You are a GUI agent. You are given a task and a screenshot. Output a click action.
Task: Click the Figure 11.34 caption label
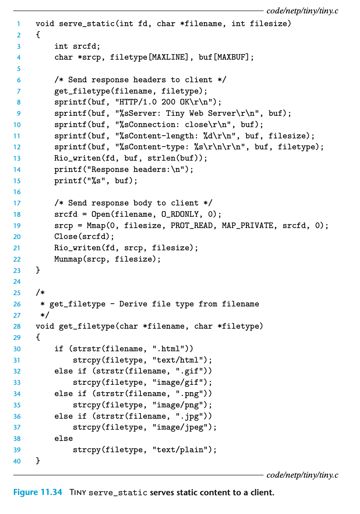coord(37,492)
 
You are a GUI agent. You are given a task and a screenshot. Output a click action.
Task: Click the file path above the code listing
coord(302,11)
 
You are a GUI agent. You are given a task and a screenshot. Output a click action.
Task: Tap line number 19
coord(17,226)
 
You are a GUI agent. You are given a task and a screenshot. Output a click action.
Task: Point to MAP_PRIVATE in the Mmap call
coord(247,226)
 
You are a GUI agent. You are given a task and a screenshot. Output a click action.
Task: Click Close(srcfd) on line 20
coord(84,237)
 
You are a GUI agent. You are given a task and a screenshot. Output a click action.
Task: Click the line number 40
coord(17,461)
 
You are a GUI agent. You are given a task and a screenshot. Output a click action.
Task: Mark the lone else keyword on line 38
coord(64,438)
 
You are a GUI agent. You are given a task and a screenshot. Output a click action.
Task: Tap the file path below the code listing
coord(302,475)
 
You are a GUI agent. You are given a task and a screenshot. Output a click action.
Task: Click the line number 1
coord(18,24)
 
